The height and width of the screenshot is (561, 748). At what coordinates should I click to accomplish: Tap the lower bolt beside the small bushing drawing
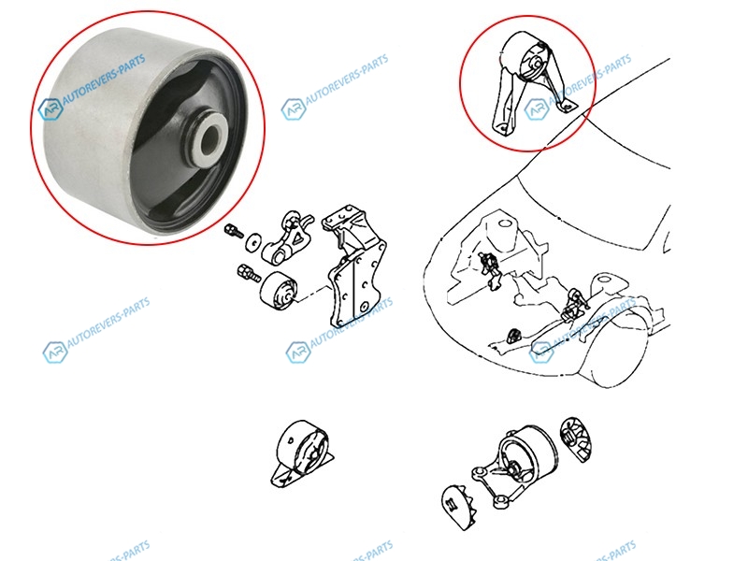(248, 273)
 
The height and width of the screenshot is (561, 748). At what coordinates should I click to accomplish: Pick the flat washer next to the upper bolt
(253, 242)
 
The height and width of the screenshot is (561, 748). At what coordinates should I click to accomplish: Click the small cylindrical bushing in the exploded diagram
(279, 290)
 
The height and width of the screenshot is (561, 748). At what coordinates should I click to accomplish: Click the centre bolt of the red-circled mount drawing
(536, 64)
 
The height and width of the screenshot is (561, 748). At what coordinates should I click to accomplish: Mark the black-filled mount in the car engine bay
(513, 336)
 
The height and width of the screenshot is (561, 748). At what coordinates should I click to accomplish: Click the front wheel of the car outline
(620, 347)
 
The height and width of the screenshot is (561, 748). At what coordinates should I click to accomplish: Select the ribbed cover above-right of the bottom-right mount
(575, 439)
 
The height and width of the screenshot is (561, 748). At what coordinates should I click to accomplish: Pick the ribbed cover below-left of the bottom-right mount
(459, 508)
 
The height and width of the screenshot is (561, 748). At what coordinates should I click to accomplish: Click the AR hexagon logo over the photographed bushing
(50, 109)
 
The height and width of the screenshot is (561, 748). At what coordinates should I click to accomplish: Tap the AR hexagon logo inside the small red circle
(537, 108)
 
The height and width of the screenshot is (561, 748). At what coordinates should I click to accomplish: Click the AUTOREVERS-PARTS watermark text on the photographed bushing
(105, 82)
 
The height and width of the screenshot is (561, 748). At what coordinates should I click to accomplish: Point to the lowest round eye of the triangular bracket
(501, 500)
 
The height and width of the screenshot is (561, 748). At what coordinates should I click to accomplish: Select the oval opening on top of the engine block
(506, 223)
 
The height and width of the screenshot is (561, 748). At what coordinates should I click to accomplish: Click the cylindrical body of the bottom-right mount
(528, 454)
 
